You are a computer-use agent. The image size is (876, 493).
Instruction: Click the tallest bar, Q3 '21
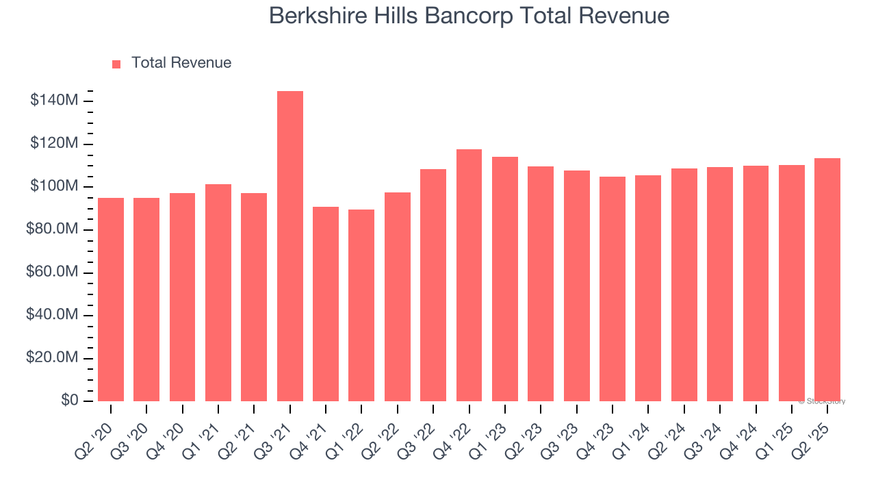pos(290,246)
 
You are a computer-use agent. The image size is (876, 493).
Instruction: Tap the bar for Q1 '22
pos(361,305)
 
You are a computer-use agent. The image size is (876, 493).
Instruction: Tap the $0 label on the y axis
pos(70,401)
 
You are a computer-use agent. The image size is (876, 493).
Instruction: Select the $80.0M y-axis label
pos(53,229)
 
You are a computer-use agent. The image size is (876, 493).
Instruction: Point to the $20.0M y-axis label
pos(53,358)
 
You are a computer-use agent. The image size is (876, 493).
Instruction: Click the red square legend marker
pos(116,64)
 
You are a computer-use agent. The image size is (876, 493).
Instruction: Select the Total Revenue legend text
pos(181,63)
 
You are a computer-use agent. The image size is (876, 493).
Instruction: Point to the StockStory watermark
pos(822,401)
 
